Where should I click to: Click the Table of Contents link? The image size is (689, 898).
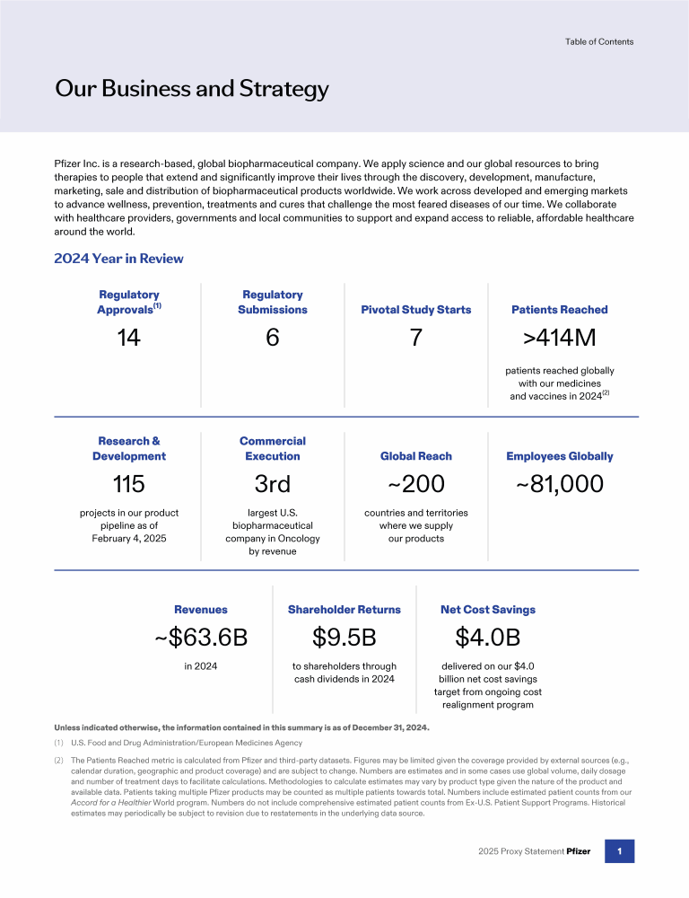click(599, 41)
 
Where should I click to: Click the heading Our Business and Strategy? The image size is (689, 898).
click(192, 89)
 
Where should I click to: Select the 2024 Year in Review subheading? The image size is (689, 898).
click(118, 259)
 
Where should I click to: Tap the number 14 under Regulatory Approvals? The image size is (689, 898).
click(128, 338)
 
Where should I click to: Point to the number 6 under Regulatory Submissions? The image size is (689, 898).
click(273, 338)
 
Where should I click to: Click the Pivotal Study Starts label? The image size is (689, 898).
click(416, 310)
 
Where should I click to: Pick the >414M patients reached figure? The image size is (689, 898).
click(560, 338)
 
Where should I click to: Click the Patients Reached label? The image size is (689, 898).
click(560, 310)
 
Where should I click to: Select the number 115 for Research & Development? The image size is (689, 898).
click(128, 484)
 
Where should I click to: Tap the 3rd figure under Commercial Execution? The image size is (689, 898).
click(273, 484)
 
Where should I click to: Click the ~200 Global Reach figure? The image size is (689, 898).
click(416, 484)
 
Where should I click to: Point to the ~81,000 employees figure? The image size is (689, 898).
click(560, 484)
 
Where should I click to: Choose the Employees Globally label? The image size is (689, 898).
click(560, 456)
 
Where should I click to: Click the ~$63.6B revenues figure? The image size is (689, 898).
click(201, 638)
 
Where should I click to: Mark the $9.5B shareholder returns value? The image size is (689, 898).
click(344, 638)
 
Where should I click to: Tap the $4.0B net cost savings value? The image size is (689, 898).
click(488, 638)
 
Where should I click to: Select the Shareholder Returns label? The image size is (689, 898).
click(344, 610)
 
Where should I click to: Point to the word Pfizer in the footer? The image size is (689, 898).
click(579, 851)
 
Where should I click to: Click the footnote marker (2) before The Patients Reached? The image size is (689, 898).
click(60, 760)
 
